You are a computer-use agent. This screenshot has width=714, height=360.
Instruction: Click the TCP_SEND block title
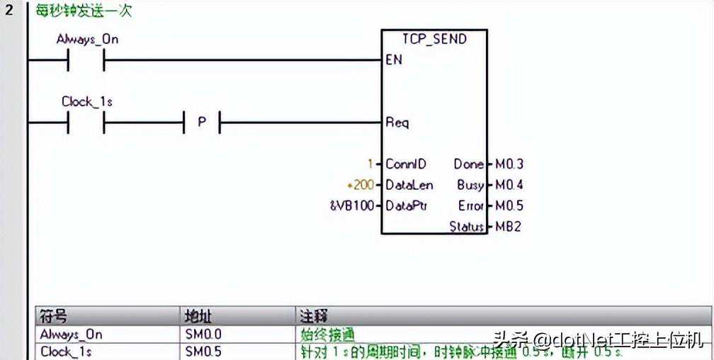click(434, 39)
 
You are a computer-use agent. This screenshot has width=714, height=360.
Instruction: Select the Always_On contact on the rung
click(86, 61)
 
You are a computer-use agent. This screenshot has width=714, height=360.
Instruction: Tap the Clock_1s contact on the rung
click(86, 123)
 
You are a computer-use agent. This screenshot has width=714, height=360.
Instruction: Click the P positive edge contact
click(202, 123)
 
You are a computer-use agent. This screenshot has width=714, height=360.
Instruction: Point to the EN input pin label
click(394, 60)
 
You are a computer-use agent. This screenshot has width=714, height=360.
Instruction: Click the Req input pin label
click(397, 123)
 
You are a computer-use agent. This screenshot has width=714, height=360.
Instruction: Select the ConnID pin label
click(406, 164)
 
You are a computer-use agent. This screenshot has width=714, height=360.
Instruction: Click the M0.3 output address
click(509, 164)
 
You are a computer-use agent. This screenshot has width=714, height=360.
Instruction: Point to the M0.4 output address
click(509, 185)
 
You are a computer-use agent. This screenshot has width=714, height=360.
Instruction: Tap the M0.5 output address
click(509, 206)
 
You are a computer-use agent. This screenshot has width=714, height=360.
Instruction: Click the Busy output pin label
click(470, 185)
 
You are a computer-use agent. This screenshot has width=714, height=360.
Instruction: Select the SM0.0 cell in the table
click(203, 334)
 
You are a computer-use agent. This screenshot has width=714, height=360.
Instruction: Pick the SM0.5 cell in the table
click(203, 351)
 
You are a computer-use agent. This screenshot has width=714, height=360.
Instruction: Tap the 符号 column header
click(54, 316)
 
